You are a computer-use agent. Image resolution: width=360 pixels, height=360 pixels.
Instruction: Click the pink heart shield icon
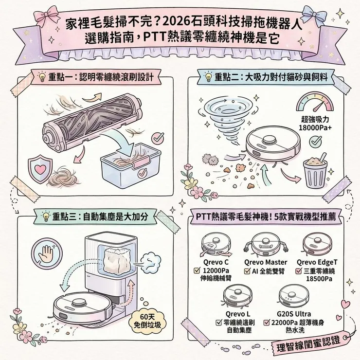[x=40, y=165]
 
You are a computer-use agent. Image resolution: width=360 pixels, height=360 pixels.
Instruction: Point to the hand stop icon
[x=46, y=253]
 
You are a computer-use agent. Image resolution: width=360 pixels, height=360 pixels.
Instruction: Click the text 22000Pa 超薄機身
[x=297, y=322]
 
